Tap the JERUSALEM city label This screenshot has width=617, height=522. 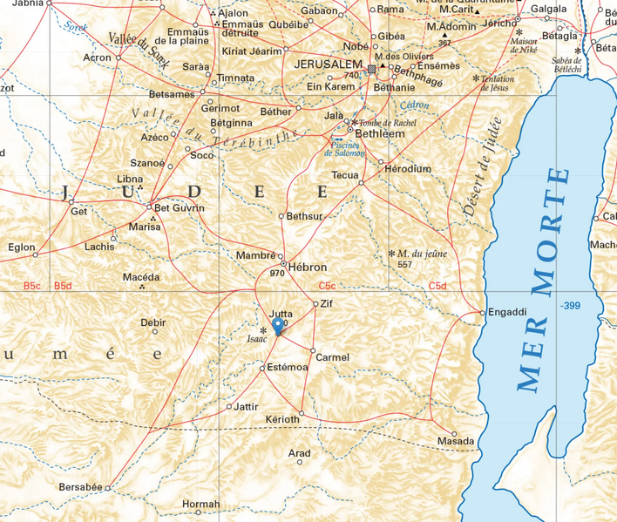(330, 66)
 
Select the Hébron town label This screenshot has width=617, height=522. (308, 267)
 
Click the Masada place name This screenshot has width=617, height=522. (456, 442)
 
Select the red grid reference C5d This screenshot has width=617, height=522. (437, 286)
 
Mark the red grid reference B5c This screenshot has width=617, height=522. (33, 286)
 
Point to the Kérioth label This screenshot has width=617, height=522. (281, 419)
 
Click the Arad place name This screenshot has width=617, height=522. (299, 454)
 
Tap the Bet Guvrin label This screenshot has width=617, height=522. (180, 208)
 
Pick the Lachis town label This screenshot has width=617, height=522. (99, 247)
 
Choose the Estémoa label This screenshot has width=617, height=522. (288, 368)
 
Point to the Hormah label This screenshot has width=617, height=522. (201, 505)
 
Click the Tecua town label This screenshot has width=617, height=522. (344, 175)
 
